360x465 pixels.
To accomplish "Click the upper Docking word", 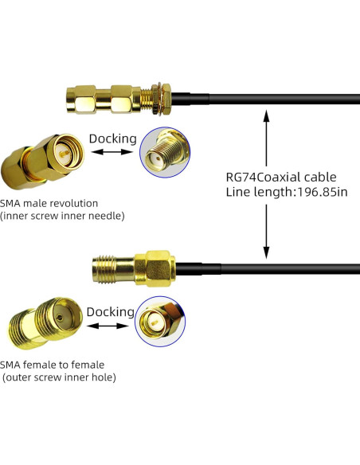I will (x=112, y=139).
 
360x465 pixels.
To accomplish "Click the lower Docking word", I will (x=109, y=311).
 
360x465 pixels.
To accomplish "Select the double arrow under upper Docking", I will (x=112, y=151).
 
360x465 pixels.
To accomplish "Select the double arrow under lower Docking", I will (x=109, y=325).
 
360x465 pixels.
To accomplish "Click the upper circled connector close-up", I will (x=165, y=154).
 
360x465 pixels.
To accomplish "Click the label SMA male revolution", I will (x=49, y=202).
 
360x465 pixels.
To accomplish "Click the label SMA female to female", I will (x=53, y=365).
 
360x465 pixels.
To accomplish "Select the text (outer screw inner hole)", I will (x=59, y=377).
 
